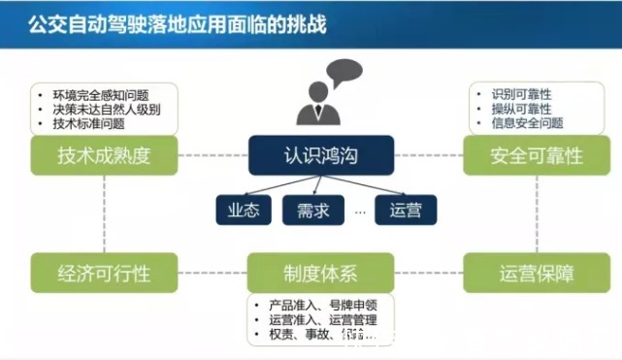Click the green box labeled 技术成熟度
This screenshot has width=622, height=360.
coord(105,155)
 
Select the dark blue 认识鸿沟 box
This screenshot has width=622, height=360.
coord(321,155)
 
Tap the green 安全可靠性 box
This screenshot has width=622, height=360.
coord(537,155)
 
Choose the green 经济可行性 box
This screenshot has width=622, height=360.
coord(105,273)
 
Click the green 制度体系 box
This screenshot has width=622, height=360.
coord(321,273)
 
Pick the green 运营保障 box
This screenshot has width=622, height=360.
coord(537,273)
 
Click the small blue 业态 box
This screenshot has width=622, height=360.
coord(244,210)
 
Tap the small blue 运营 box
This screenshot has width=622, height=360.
coord(406,210)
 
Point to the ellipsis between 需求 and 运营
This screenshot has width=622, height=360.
coord(359,211)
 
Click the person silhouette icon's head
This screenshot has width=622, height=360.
coord(318,91)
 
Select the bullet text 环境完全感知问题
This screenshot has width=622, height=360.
coord(101,96)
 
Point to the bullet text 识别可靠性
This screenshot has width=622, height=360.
coord(521,94)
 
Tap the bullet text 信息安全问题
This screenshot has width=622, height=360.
coord(527,123)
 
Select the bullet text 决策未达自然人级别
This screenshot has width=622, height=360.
coord(107,110)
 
